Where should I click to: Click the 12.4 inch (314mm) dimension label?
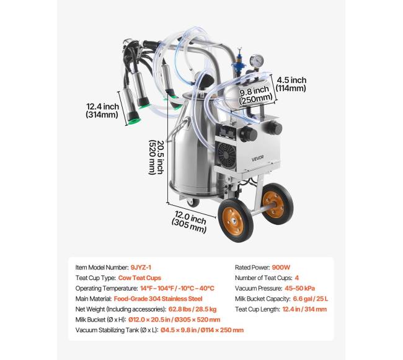click(x=102, y=110)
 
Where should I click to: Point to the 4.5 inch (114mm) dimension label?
click(x=291, y=84)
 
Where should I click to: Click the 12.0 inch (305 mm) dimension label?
click(x=190, y=223)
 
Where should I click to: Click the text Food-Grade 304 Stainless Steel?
click(x=159, y=298)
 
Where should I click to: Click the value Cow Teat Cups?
click(x=141, y=277)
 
